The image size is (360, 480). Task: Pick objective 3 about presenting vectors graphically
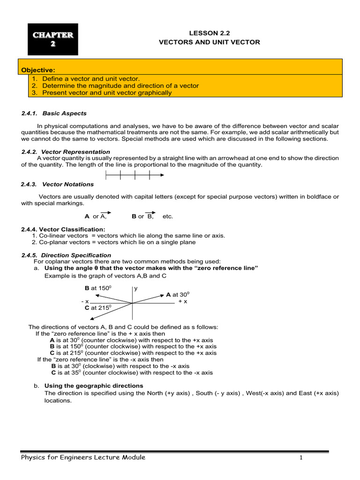click(107, 93)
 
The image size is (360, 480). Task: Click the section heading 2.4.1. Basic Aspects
click(54, 113)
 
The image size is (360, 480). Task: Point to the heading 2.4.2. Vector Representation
click(66, 152)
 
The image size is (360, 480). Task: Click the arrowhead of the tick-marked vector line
click(161, 175)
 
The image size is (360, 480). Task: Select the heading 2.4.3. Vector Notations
click(58, 185)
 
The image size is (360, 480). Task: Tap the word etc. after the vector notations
click(168, 217)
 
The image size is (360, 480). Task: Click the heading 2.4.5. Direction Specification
click(66, 255)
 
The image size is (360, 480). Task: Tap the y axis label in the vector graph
click(136, 288)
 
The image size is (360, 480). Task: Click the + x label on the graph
click(183, 301)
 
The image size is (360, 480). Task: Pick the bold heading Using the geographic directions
click(94, 386)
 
